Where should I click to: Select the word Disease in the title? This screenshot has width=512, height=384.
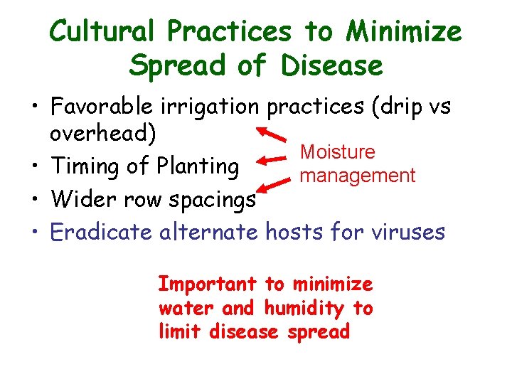point(331,67)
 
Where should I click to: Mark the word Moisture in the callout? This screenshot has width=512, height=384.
point(337,152)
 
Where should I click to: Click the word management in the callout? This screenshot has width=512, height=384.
point(358,175)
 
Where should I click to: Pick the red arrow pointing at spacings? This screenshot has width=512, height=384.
point(274,187)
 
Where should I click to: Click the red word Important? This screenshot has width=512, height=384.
point(207,284)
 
